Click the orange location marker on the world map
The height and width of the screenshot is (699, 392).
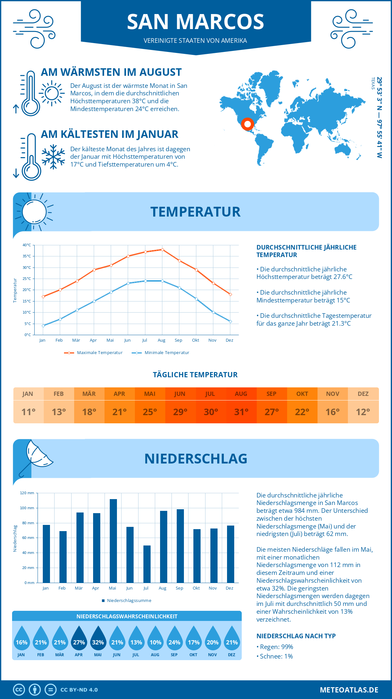[x=247, y=124]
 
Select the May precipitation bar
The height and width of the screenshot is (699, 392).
[x=113, y=541]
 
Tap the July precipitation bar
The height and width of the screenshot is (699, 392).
[x=147, y=564]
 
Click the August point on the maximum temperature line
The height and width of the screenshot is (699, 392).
[x=162, y=250]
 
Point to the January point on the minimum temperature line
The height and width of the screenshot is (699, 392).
[x=43, y=326]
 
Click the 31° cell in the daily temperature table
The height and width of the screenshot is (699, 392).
[x=241, y=412]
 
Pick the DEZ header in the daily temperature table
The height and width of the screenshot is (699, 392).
[x=363, y=394]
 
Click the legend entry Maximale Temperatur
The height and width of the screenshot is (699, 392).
[x=99, y=353]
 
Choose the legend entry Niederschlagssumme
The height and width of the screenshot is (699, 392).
[x=129, y=600]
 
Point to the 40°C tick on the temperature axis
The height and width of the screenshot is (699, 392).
[x=27, y=245]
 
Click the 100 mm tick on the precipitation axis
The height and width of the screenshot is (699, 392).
[x=27, y=508]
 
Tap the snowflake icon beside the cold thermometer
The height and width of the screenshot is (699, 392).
[x=53, y=157]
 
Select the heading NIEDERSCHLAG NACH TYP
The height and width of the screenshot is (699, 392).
[x=296, y=636]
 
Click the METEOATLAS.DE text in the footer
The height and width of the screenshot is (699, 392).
[x=349, y=690]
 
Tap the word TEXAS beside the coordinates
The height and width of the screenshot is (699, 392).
[x=373, y=83]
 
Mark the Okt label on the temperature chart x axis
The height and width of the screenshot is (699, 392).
[x=195, y=340]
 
